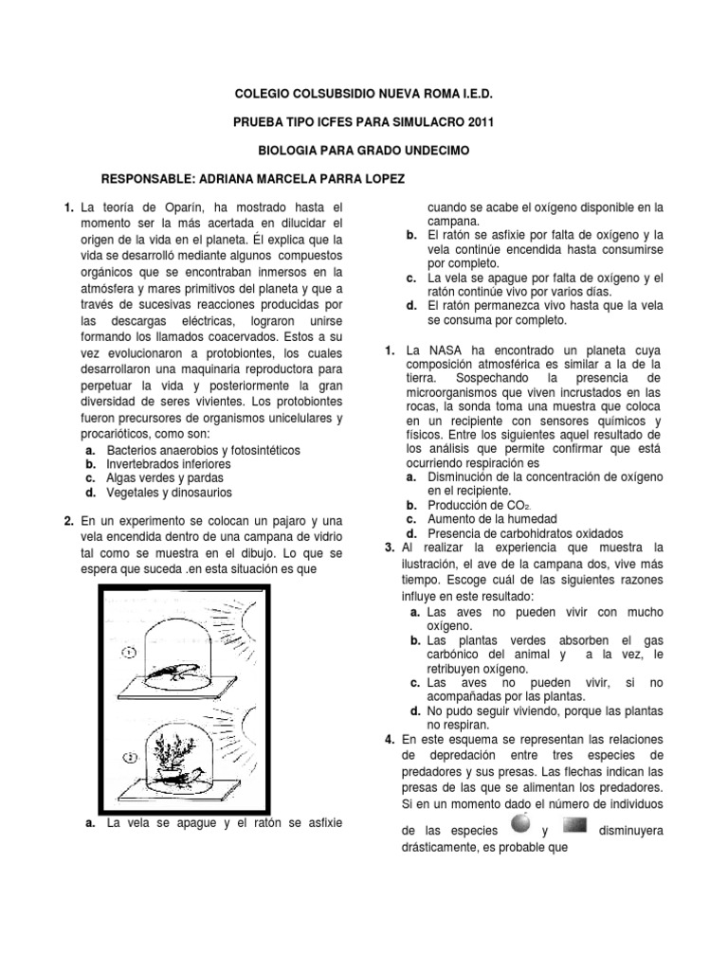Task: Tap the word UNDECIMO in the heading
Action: (434, 150)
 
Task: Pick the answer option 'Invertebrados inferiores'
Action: (169, 464)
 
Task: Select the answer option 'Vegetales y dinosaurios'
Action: (169, 493)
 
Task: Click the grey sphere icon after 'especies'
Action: (520, 824)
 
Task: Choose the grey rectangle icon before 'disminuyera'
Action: (582, 824)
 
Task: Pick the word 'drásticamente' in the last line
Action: (442, 848)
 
